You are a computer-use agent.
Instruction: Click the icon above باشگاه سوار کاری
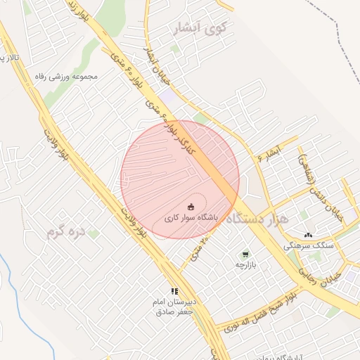coord(191,206)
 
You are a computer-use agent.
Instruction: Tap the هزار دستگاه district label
coord(259,219)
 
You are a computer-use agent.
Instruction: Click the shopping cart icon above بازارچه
coord(244,255)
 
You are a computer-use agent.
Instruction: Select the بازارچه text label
coord(243,265)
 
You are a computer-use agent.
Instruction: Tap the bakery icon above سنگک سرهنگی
coord(308,235)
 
